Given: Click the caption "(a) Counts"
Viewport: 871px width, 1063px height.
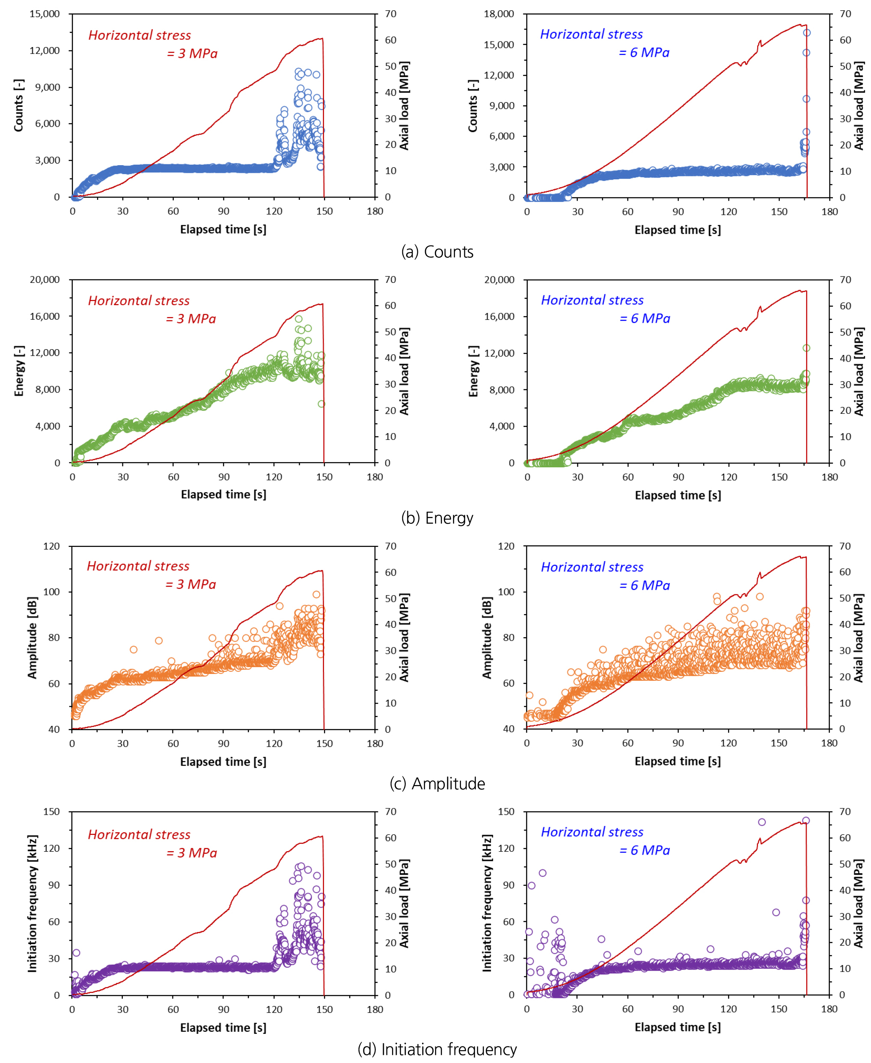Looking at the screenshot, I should click(437, 252).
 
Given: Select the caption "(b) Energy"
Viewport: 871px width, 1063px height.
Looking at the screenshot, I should click(437, 518).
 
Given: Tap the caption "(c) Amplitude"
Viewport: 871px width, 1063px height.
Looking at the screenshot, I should click(437, 784).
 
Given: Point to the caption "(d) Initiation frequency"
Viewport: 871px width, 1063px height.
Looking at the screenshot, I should click(437, 1049).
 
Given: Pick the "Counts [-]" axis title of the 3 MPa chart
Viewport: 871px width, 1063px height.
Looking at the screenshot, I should click(18, 105).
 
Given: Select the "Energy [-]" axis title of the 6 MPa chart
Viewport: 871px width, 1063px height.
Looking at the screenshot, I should click(473, 371).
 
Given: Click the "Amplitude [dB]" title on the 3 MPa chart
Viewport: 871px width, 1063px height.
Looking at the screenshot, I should click(33, 638).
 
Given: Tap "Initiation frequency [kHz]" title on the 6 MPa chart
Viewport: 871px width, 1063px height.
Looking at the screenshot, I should click(487, 903).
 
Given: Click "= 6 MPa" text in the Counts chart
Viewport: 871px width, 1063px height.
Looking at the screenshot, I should click(644, 53).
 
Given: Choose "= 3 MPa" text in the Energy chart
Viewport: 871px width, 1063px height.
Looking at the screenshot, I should click(190, 319).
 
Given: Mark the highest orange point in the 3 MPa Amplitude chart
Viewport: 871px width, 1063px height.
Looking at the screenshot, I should click(317, 594).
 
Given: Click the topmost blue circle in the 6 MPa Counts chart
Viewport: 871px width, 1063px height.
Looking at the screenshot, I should click(807, 33).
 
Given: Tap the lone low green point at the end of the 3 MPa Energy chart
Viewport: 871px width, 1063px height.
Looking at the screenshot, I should click(321, 404).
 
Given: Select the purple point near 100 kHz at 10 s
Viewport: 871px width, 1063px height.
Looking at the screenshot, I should click(542, 873).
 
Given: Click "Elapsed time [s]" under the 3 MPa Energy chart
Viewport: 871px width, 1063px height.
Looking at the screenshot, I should click(223, 495).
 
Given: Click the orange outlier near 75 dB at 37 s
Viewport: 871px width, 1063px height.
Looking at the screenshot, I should click(134, 650).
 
